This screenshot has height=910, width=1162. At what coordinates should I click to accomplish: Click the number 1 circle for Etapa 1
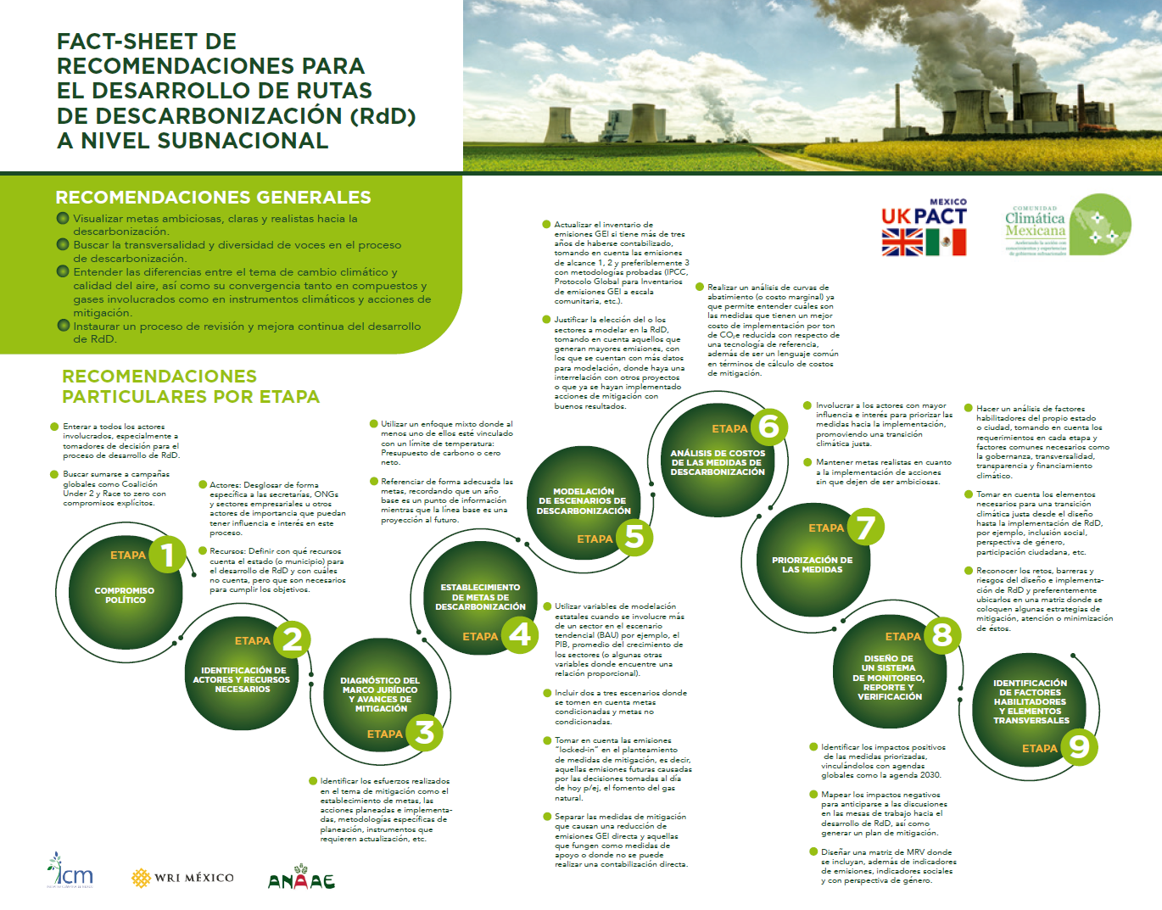167,555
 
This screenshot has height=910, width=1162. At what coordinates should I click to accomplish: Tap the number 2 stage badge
292,639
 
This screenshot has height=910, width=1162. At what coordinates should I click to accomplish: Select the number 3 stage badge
424,732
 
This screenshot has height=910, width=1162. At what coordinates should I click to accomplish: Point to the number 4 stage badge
520,634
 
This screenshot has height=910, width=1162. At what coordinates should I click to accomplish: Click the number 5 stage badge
634,536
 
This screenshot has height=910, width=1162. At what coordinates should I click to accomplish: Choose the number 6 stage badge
769,427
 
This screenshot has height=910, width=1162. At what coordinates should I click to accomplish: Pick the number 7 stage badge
865,527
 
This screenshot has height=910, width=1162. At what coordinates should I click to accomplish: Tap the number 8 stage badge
941,634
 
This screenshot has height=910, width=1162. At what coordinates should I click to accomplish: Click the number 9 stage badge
1079,747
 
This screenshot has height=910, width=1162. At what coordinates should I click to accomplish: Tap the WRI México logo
183,878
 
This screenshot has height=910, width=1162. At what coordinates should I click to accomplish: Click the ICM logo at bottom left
70,871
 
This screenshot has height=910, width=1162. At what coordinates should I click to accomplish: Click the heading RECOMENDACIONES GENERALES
213,198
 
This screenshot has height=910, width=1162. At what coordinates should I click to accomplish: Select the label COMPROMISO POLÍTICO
125,595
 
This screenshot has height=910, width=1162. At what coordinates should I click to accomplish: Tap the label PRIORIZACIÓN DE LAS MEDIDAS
812,565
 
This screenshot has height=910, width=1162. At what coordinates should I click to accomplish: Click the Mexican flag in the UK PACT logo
946,243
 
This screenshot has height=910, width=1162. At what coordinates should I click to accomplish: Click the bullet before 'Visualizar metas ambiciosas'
63,219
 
